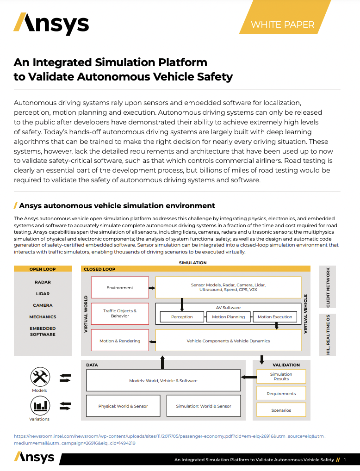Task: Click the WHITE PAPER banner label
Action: pos(282,25)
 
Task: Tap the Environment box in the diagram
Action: pos(120,288)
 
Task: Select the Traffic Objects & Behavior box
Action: pos(120,314)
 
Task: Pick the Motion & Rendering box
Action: pos(120,341)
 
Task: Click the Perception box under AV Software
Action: pos(182,317)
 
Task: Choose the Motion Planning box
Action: pos(229,317)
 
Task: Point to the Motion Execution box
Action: pos(275,317)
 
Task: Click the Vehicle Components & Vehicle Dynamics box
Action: pos(228,341)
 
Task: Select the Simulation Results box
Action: pos(281,376)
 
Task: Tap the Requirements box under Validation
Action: pos(281,394)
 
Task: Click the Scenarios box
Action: pos(281,410)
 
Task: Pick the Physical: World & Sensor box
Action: pos(123,406)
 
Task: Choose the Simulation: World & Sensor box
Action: pos(204,406)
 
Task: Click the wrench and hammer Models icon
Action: pos(40,377)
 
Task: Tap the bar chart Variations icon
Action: pos(40,406)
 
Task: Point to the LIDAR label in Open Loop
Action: pos(43,294)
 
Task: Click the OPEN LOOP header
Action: pos(43,269)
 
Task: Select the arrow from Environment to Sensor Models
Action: pos(152,288)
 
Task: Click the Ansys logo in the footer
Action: pos(34,458)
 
